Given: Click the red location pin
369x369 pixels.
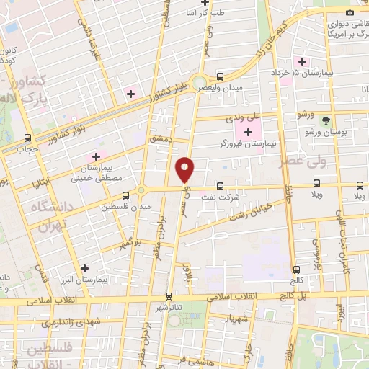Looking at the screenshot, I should click(x=186, y=169).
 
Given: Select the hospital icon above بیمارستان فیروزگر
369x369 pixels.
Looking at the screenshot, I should click(x=248, y=131).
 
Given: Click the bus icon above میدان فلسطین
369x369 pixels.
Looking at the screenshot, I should click(x=126, y=195).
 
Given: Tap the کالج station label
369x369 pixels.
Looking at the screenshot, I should click(x=296, y=279).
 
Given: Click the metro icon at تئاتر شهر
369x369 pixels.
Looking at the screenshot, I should click(x=169, y=295).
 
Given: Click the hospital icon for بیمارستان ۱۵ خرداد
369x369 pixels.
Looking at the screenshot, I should click(x=303, y=61).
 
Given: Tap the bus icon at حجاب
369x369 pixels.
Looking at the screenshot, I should click(x=27, y=138).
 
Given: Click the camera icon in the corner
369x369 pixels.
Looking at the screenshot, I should click(x=350, y=12).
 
